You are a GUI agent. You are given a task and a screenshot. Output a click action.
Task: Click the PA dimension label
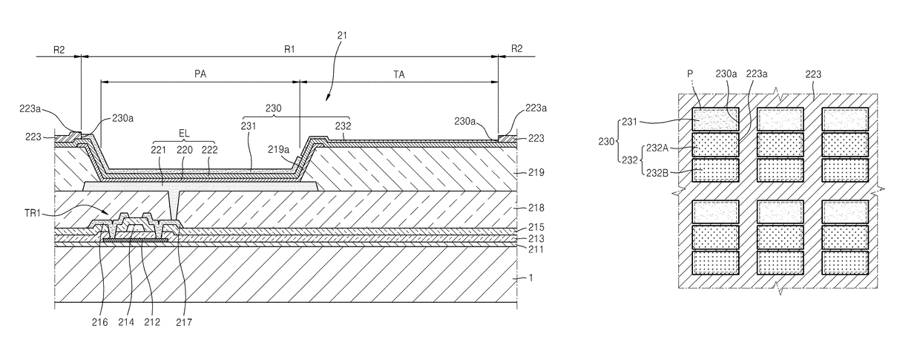pos(200,74)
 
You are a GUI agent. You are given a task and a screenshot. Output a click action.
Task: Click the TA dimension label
pos(399,74)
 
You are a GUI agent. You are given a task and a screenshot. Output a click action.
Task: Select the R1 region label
pos(289,49)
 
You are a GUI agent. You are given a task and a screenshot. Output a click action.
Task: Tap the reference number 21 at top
pos(342,36)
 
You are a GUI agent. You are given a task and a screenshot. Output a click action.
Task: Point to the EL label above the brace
pos(184,134)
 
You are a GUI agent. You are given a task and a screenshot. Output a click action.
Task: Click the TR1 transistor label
pos(33,213)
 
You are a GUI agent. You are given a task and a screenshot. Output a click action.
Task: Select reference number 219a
pos(278,150)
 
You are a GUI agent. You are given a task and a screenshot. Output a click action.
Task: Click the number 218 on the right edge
pos(536,208)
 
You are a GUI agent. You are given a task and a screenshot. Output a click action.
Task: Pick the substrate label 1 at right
pos(530,278)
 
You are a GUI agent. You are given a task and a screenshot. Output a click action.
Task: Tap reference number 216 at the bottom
pos(100,322)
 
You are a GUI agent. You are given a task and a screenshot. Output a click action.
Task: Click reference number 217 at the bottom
pos(184,323)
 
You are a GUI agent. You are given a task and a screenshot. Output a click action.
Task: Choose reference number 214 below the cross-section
pos(126,322)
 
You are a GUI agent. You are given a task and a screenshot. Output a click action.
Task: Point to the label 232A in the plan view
pos(657,148)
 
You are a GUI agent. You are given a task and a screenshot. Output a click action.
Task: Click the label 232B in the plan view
pos(657,173)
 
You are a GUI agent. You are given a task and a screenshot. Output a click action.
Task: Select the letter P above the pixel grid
pos(690,74)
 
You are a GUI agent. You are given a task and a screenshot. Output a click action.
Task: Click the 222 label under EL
pos(209,150)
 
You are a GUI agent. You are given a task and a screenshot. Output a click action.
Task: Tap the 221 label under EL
pos(159,150)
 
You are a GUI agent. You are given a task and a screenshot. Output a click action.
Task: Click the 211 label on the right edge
pos(535,249)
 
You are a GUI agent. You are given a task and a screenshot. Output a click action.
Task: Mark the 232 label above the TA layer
pos(344,125)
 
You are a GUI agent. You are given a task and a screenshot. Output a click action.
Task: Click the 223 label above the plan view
pos(813,74)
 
